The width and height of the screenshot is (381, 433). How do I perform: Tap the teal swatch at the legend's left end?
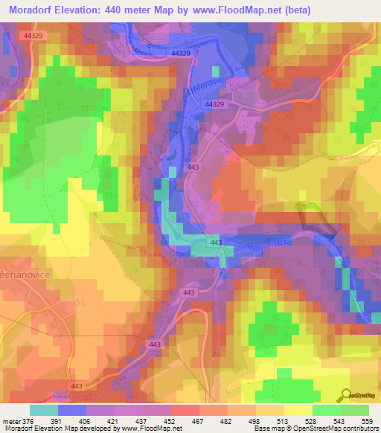coord(44,410)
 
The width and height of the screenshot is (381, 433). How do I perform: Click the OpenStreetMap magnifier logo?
coord(347,395)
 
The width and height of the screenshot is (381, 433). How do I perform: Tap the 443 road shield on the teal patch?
coord(215,243)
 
